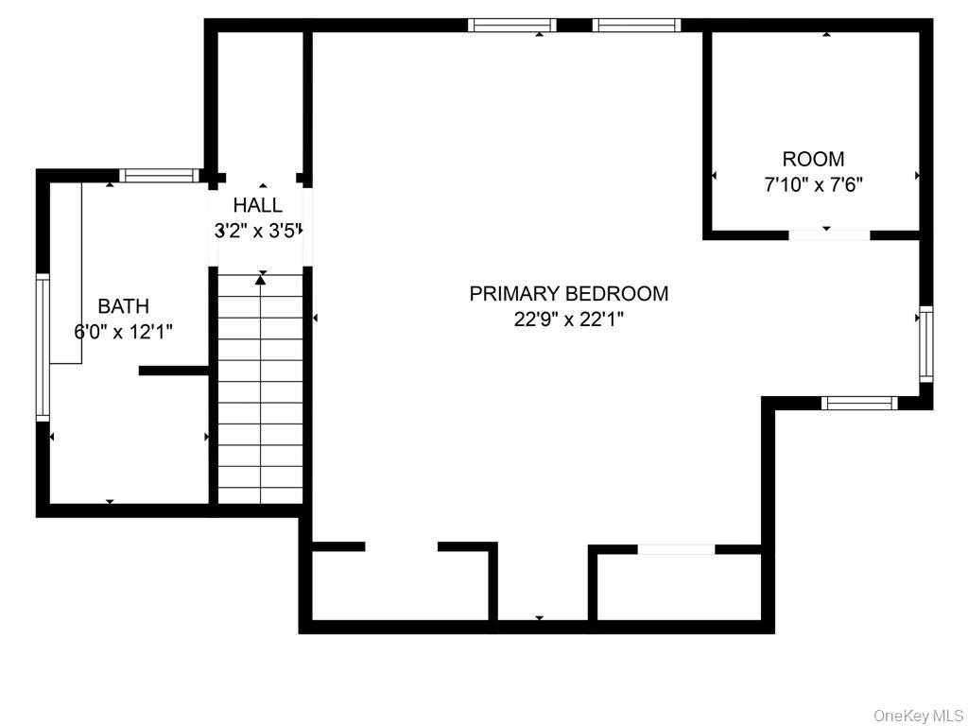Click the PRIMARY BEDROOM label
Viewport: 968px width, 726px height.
(x=568, y=293)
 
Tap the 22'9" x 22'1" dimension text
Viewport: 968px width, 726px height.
(x=568, y=320)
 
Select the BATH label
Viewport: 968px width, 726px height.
(x=124, y=306)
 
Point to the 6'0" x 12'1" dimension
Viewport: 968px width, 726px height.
(x=124, y=333)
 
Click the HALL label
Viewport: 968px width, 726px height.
(x=257, y=205)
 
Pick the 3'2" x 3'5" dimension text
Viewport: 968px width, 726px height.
(x=257, y=232)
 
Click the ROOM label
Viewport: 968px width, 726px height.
(x=813, y=159)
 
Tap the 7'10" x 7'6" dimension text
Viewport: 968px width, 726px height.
(x=813, y=185)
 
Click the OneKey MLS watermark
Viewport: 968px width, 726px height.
(x=918, y=716)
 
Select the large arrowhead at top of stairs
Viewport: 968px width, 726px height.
(x=261, y=280)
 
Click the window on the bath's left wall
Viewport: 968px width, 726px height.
(x=43, y=348)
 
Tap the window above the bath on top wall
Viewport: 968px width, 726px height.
(x=160, y=175)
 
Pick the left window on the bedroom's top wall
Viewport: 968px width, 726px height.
(x=512, y=26)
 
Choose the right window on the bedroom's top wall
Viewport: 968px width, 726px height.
(x=636, y=26)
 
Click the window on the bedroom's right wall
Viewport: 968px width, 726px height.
(x=926, y=344)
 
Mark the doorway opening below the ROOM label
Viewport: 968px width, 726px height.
(x=829, y=235)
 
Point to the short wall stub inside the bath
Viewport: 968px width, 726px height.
(x=175, y=371)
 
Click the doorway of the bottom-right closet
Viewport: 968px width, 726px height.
(x=676, y=549)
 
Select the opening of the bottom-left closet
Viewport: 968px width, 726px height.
(x=401, y=546)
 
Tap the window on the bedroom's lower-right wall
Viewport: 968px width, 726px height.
(x=859, y=403)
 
